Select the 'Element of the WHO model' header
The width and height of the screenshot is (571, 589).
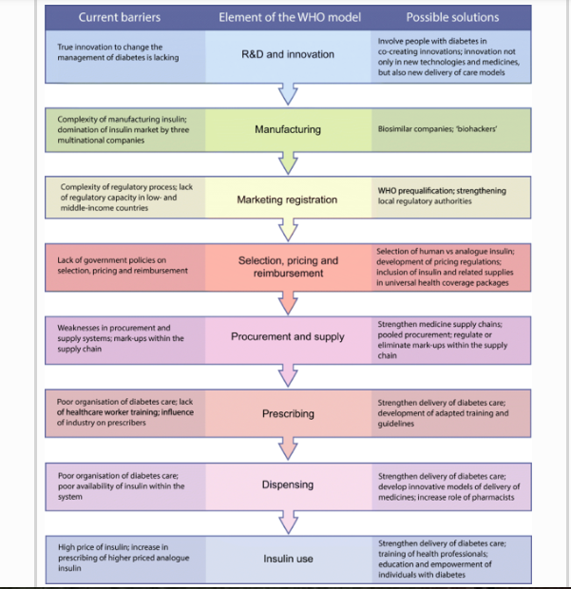tap(287, 17)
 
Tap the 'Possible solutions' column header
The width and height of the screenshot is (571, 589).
tap(451, 17)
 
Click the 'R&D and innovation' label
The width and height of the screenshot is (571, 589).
tap(287, 54)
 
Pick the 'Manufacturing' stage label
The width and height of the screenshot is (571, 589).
tap(287, 129)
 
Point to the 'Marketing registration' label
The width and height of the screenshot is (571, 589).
tap(287, 200)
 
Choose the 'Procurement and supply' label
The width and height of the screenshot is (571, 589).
tap(287, 336)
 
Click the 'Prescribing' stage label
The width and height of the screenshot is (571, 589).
tap(287, 413)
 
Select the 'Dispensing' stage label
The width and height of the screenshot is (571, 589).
tap(287, 484)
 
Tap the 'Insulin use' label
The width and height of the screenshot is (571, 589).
tap(287, 559)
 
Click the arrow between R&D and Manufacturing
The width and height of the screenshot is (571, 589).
tap(287, 93)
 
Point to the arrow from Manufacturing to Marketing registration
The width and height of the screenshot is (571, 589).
tap(287, 164)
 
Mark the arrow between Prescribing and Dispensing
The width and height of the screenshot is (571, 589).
tap(287, 448)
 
